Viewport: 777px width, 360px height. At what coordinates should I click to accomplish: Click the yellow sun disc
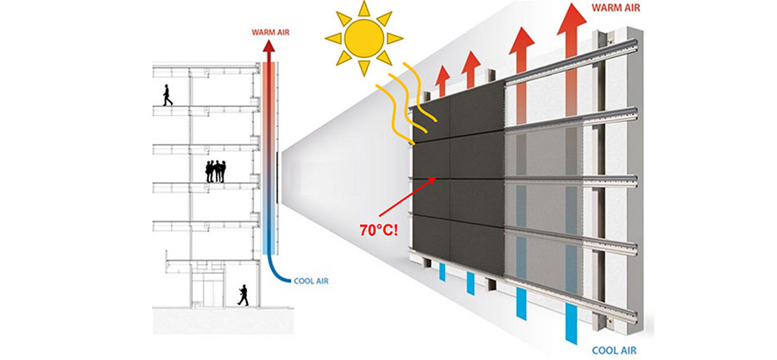[x=364, y=39]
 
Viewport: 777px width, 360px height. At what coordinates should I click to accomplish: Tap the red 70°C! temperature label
[x=378, y=231]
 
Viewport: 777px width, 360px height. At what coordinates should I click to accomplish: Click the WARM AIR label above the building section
[x=270, y=33]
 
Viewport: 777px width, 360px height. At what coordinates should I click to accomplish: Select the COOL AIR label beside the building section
[x=311, y=281]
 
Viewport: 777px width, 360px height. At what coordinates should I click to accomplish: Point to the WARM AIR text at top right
[x=616, y=8]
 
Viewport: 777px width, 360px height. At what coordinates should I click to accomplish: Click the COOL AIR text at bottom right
[x=614, y=351]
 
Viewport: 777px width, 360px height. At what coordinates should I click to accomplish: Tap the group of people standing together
[x=216, y=171]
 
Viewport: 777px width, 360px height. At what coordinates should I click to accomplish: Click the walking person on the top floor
[x=167, y=95]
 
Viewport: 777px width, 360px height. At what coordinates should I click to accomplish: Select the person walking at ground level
[x=243, y=295]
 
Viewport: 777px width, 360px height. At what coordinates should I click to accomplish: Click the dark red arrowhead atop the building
[x=268, y=46]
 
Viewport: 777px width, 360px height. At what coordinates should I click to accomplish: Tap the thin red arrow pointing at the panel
[x=407, y=196]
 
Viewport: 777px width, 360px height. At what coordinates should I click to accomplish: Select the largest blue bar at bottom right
[x=571, y=324]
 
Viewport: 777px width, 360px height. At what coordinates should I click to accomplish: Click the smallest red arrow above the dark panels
[x=443, y=80]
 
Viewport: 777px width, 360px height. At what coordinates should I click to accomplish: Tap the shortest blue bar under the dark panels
[x=442, y=272]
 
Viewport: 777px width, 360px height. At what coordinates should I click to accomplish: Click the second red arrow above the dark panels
[x=471, y=70]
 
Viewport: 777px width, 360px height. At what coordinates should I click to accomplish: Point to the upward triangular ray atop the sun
[x=364, y=9]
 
